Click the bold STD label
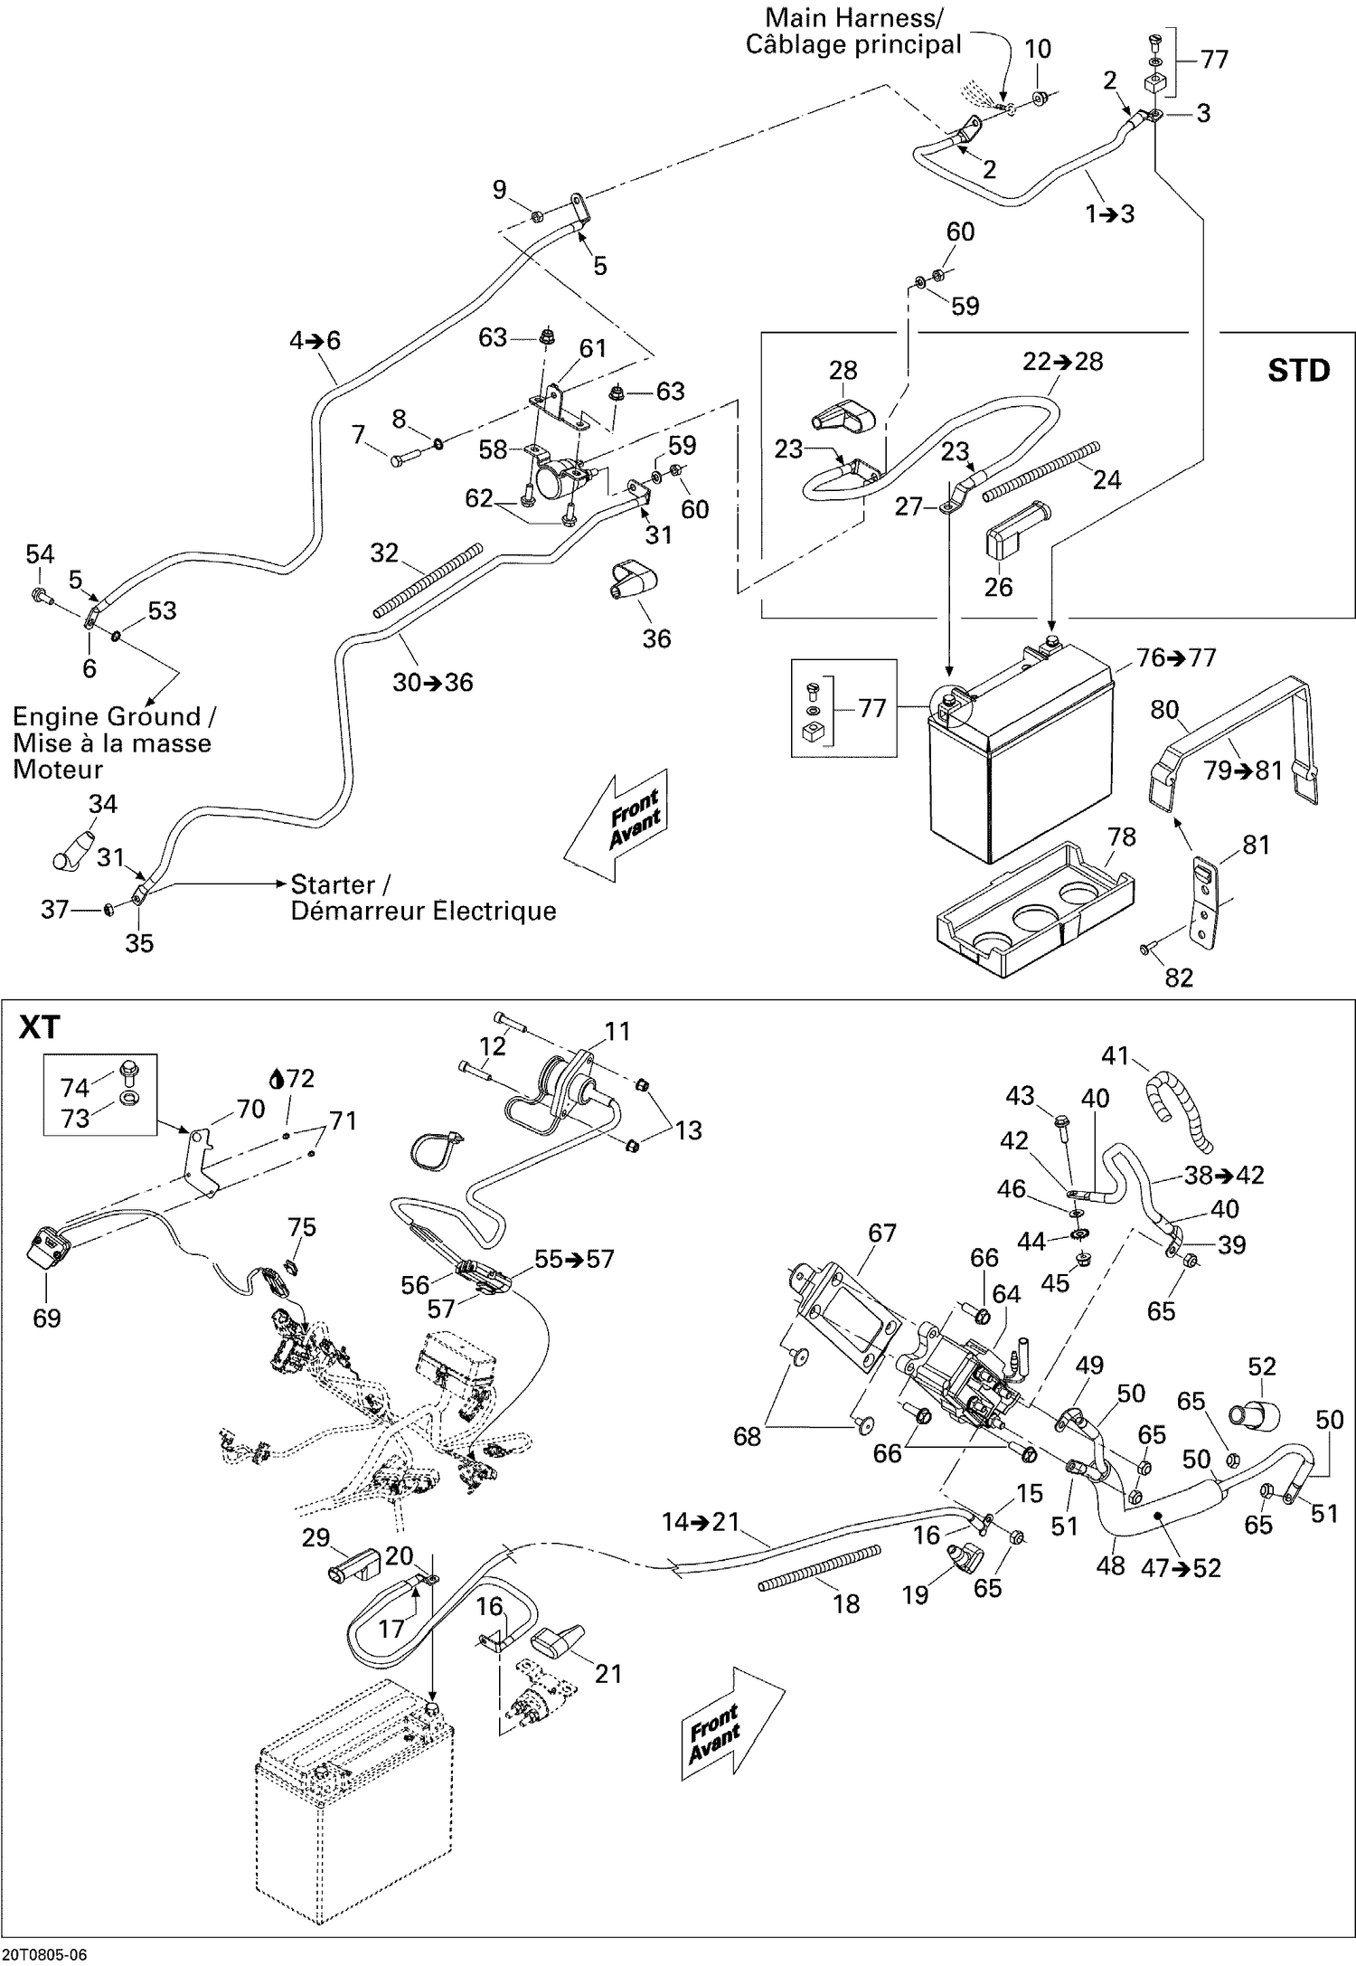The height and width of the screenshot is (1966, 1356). coord(1298,371)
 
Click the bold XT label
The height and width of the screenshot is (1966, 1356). coord(40,1028)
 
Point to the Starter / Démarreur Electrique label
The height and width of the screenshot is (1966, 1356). coord(422,897)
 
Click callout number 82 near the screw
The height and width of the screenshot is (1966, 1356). coord(1179,977)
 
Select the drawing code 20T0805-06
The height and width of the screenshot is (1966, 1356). coord(44,1953)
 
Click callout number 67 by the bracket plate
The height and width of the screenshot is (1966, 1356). coord(881,1233)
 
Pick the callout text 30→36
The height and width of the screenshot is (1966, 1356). coord(432,682)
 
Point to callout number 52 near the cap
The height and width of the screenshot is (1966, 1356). coord(1261,1366)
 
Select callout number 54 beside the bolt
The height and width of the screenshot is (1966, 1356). coord(40,554)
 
